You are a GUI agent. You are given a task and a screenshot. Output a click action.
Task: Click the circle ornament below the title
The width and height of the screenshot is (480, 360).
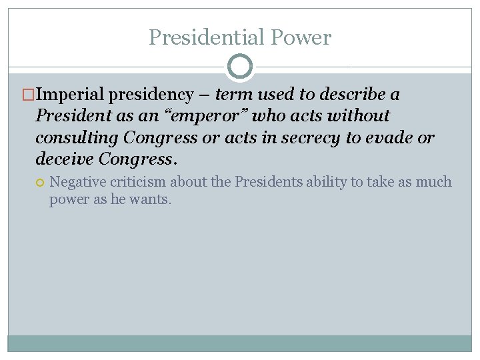click(240, 67)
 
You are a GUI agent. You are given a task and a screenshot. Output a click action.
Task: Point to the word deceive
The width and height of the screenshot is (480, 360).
click(64, 159)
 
